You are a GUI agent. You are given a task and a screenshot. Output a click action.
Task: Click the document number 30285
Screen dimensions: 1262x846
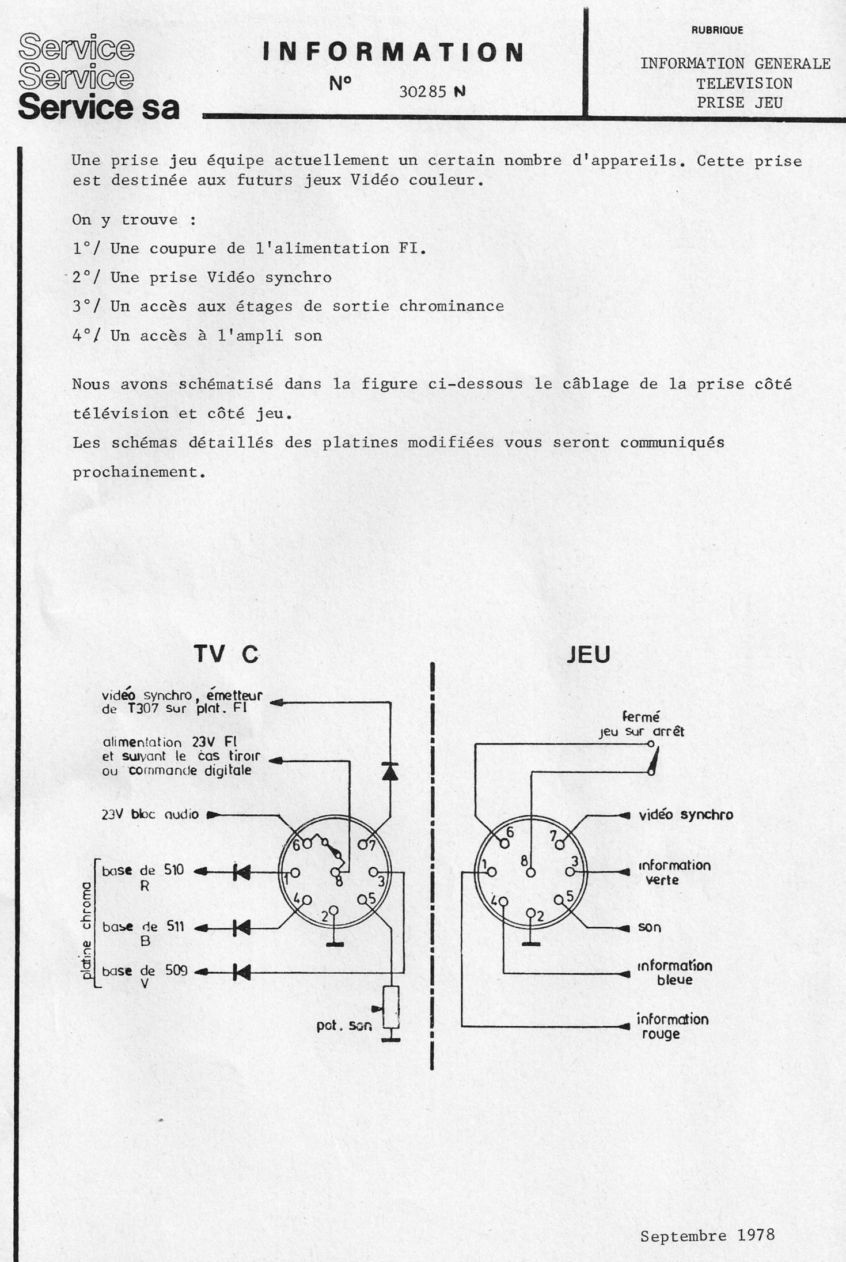click(423, 92)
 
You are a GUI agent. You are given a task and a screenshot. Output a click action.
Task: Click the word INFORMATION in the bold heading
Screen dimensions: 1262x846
click(393, 52)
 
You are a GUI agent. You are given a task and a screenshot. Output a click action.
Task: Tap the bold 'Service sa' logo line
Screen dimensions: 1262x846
click(98, 107)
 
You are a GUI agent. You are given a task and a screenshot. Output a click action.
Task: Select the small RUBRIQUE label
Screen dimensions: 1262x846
click(717, 30)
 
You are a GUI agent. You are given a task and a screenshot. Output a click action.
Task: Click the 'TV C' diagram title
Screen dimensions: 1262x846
click(226, 654)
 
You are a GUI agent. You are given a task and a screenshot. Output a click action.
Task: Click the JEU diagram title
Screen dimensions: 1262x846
click(588, 655)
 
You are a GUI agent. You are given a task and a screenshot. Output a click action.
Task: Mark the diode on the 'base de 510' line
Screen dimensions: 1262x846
click(241, 872)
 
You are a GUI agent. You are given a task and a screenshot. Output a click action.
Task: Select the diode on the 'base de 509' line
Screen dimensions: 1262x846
click(241, 972)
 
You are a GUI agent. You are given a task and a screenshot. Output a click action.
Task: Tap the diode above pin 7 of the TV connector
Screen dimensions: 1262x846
click(390, 771)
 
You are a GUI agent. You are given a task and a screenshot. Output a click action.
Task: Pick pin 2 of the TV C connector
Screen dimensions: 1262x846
click(333, 910)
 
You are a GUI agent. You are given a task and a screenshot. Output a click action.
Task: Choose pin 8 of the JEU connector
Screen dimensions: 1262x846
click(530, 872)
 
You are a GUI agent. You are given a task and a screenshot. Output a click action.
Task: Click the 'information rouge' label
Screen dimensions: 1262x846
click(672, 1026)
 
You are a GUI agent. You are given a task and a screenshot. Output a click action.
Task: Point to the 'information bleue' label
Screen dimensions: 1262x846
click(674, 973)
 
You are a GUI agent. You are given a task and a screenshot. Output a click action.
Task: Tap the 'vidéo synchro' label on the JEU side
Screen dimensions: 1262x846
click(686, 815)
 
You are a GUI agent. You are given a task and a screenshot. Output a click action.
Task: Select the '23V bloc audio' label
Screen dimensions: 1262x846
click(150, 814)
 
